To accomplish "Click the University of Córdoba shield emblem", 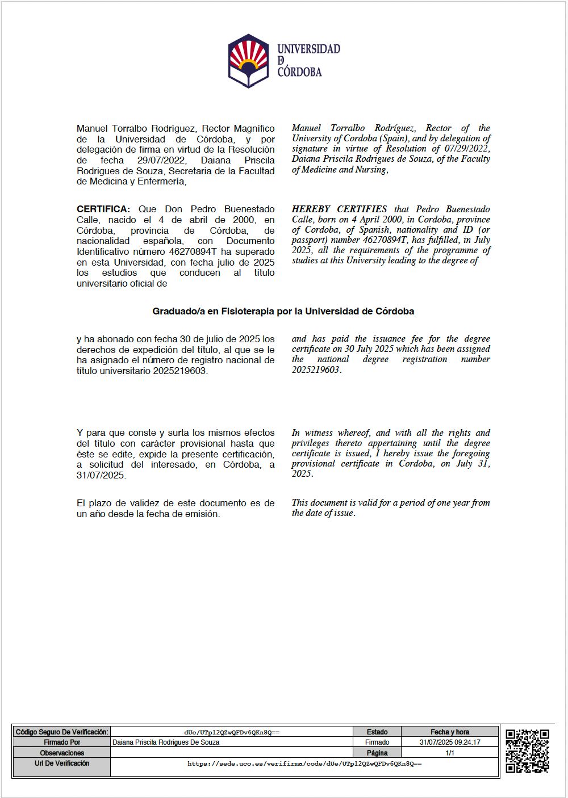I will [249, 61].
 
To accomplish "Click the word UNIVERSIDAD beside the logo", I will [308, 49].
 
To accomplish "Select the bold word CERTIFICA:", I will [103, 209].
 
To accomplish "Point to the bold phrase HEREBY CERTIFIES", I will [339, 209].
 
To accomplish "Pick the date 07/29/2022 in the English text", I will [466, 149].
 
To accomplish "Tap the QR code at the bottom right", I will [527, 750].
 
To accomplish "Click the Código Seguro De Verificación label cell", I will [61, 732].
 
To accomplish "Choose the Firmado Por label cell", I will [61, 742].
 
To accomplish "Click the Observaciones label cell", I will [61, 753].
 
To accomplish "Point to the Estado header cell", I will [377, 732].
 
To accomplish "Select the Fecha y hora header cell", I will [450, 732].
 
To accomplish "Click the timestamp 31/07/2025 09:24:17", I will [450, 742].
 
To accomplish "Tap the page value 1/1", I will [450, 753].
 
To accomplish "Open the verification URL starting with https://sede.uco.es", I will [304, 764].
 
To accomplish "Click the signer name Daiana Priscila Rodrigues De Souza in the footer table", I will [166, 742].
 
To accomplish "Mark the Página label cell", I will [377, 753].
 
